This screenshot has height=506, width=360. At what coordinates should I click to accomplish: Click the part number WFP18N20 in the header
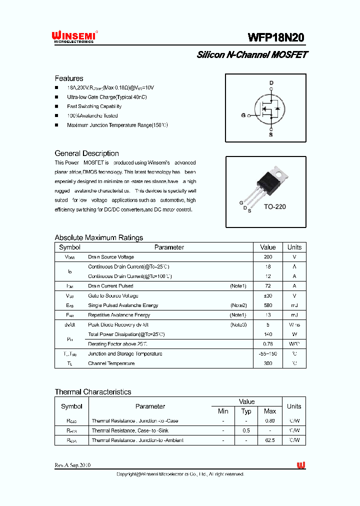click(275, 38)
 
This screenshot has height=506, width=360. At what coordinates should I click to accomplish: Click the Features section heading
click(69, 78)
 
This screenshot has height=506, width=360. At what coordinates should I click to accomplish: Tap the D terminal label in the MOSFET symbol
click(271, 83)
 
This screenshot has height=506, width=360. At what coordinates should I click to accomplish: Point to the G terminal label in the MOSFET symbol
click(243, 115)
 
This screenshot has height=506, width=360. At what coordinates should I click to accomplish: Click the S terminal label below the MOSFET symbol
click(271, 134)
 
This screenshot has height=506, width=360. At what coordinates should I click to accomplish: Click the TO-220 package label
click(274, 206)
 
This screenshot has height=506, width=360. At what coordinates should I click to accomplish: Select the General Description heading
click(86, 153)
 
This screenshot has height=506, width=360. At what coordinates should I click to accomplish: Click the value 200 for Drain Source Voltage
click(268, 257)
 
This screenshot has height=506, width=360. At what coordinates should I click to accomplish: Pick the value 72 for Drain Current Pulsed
click(268, 286)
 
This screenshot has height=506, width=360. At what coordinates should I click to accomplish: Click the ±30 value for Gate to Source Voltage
click(268, 295)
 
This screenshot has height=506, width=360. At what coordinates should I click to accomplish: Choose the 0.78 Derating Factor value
click(268, 344)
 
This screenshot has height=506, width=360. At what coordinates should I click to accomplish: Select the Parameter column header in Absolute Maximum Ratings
click(169, 247)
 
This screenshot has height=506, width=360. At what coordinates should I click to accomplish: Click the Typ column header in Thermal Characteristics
click(246, 411)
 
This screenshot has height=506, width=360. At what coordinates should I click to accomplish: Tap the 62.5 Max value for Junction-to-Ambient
click(270, 440)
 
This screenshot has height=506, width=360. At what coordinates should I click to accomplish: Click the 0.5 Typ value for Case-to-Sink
click(246, 430)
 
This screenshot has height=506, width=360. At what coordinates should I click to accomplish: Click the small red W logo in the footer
click(301, 465)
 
